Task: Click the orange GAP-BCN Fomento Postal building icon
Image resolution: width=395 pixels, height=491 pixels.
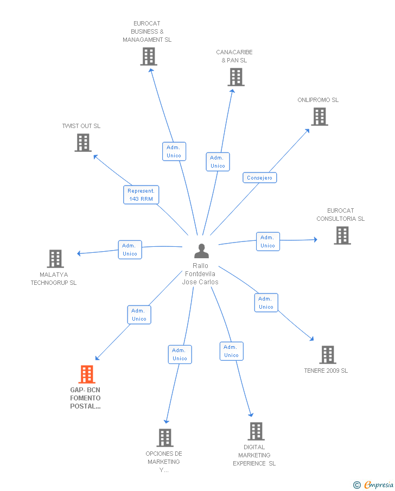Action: pyautogui.click(x=87, y=374)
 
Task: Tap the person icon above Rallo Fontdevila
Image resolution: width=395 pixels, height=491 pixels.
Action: pyautogui.click(x=201, y=251)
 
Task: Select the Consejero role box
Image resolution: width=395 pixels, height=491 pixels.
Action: pyautogui.click(x=260, y=177)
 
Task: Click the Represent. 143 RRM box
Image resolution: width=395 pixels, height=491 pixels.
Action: pyautogui.click(x=141, y=195)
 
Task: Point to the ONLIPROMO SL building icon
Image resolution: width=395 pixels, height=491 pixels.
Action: pyautogui.click(x=320, y=117)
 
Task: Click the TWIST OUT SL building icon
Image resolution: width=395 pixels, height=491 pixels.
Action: pyautogui.click(x=83, y=143)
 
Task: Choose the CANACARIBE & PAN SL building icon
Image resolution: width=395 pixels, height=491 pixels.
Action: pyautogui.click(x=236, y=77)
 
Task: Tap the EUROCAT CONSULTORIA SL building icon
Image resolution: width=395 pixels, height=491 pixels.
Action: pyautogui.click(x=342, y=235)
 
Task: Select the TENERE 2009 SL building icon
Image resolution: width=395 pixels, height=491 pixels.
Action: pyautogui.click(x=328, y=355)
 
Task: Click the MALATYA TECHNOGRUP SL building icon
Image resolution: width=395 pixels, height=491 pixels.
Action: pyautogui.click(x=55, y=259)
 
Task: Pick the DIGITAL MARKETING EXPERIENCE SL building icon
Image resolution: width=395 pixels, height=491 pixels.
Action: pyautogui.click(x=256, y=431)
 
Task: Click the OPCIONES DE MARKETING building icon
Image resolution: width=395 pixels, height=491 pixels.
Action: pyautogui.click(x=165, y=438)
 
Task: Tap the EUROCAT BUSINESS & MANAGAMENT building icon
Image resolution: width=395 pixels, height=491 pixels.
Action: pyautogui.click(x=149, y=56)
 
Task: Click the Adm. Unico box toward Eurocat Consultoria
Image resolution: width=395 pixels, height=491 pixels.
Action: pyautogui.click(x=268, y=241)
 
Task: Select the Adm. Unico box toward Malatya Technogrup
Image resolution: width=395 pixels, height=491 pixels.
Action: pyautogui.click(x=130, y=250)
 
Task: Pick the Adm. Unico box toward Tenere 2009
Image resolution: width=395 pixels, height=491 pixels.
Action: pyautogui.click(x=266, y=303)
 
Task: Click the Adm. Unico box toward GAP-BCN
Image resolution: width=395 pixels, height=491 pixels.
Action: pyautogui.click(x=139, y=315)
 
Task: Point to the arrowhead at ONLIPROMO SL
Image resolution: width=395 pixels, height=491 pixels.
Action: pyautogui.click(x=308, y=130)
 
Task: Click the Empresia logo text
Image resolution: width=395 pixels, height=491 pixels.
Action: pyautogui.click(x=378, y=484)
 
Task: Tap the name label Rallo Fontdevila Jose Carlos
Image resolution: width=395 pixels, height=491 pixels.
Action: pyautogui.click(x=200, y=273)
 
